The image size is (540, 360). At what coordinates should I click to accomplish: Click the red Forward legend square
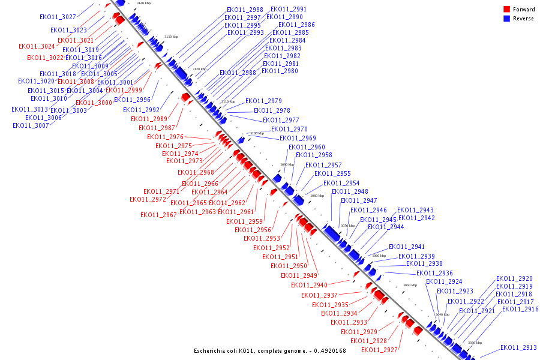coord(506,10)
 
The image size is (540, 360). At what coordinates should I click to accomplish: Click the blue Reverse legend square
coord(506,19)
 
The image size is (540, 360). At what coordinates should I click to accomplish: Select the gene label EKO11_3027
coord(58,17)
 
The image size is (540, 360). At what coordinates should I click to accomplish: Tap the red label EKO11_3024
coord(37,46)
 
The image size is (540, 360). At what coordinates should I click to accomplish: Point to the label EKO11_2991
coord(289,10)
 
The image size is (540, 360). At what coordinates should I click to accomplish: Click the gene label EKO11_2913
coord(518,348)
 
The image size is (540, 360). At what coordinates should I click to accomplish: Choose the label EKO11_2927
coord(379,350)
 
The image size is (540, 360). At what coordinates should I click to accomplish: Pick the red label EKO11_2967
coord(158,215)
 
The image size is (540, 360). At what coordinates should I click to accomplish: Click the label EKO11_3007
coord(31,125)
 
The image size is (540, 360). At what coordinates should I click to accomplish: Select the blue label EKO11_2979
coord(263,101)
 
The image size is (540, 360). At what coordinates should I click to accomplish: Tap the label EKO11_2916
coord(520,310)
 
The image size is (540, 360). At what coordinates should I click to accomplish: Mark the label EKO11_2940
coord(309,285)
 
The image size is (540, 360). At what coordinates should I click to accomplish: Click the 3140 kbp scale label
coord(144,4)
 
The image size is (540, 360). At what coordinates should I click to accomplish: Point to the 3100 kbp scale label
coord(257,133)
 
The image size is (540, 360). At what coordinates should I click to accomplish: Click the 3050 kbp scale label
coord(410,286)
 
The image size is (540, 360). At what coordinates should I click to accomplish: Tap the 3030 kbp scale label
coord(475,343)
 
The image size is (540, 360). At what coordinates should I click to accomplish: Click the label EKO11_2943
coord(415,211)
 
